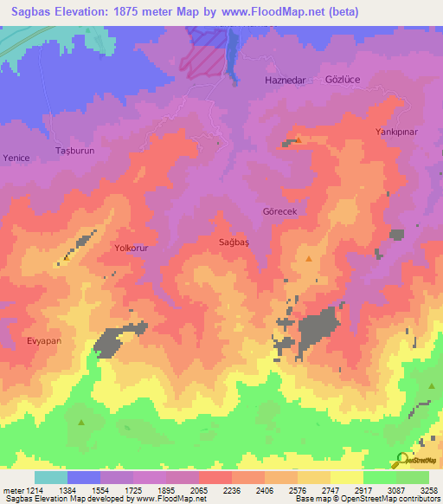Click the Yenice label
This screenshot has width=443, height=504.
pos(16,158)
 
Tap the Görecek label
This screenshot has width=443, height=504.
pos(279,211)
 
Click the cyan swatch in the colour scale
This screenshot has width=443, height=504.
pos(51,477)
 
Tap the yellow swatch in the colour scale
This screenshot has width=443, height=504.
pos(346,477)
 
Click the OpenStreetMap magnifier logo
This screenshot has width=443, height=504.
pos(403,460)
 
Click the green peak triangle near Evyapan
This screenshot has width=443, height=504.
pos(81,423)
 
